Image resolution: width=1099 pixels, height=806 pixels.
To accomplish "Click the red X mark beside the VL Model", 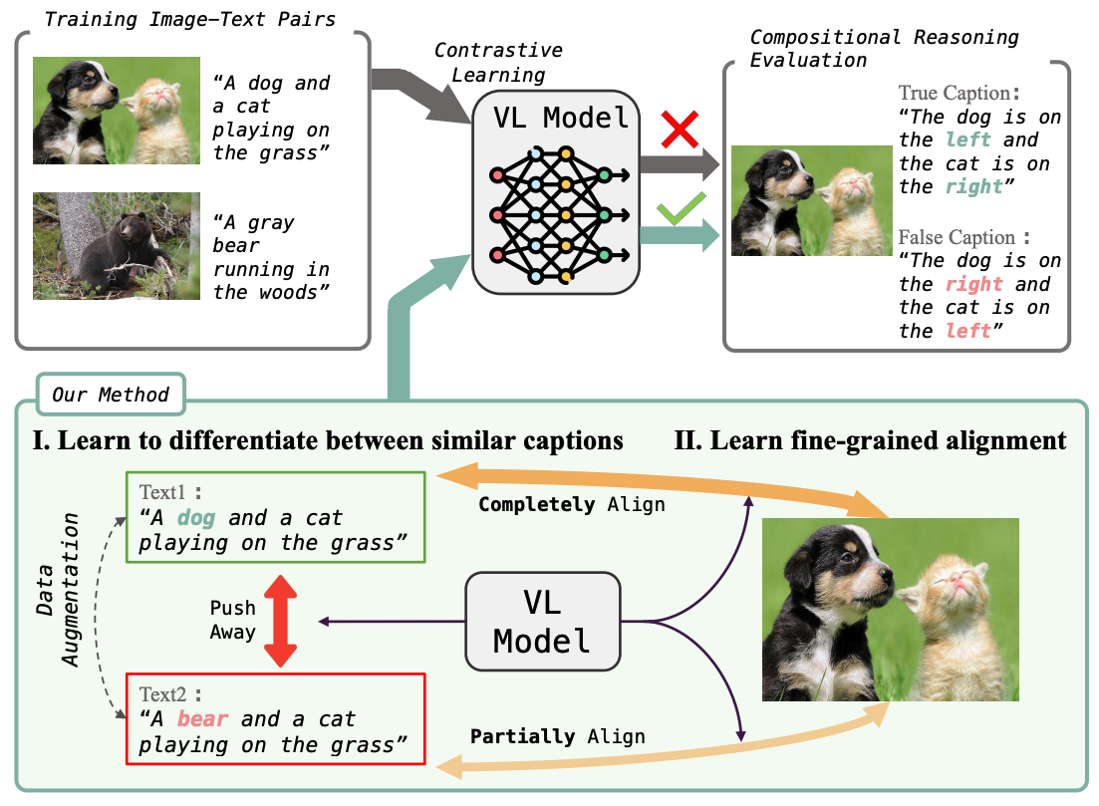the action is (x=680, y=129).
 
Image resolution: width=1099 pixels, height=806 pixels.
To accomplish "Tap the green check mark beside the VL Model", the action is (x=681, y=209).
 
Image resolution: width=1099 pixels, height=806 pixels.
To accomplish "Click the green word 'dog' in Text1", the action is (x=195, y=518).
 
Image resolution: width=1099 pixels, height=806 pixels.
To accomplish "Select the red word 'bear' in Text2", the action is (x=202, y=719).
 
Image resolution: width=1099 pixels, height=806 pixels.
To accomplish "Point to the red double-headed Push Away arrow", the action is (x=280, y=621).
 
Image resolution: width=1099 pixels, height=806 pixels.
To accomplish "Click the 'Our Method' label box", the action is (x=111, y=395).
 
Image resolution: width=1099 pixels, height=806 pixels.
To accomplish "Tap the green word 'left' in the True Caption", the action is (x=967, y=140).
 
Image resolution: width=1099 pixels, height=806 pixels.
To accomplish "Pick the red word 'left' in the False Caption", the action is (x=967, y=331).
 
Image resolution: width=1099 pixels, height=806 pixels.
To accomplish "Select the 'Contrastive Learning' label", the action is (x=498, y=63).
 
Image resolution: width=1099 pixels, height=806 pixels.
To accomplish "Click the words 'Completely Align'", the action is (x=571, y=505).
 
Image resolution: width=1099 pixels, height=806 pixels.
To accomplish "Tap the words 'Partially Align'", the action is (x=557, y=736).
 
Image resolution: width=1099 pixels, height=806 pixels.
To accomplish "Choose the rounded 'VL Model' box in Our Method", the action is (x=542, y=621).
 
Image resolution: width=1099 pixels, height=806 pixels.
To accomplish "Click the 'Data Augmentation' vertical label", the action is (x=58, y=590).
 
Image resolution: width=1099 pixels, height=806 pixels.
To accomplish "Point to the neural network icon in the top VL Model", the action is (x=560, y=214).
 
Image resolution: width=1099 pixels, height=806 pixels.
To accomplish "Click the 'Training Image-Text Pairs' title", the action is (x=190, y=19).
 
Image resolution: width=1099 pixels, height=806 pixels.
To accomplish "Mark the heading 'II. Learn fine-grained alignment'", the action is (x=870, y=440).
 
